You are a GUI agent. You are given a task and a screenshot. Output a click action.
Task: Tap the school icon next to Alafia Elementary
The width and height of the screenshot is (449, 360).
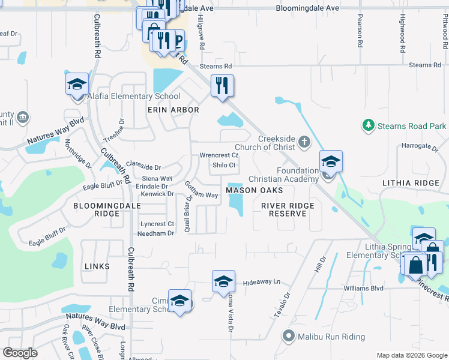[77, 85]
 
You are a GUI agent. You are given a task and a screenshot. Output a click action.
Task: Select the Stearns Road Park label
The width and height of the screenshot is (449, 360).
[412, 126]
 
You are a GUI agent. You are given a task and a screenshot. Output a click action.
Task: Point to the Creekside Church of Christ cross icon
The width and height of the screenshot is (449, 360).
[304, 142]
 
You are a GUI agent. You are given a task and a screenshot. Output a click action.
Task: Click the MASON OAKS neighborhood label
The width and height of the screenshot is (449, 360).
[254, 190]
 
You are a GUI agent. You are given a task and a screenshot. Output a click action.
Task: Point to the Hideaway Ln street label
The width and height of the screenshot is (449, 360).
[262, 282]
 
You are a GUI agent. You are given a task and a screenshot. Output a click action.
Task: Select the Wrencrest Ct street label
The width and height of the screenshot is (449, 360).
[219, 155]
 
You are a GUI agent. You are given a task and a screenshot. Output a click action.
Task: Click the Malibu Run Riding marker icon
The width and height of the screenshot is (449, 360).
[289, 336]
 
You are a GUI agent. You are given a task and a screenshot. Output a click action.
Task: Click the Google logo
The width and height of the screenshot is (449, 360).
[20, 353]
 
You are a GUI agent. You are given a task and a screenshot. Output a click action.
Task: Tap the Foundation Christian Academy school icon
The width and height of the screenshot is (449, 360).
[330, 161]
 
